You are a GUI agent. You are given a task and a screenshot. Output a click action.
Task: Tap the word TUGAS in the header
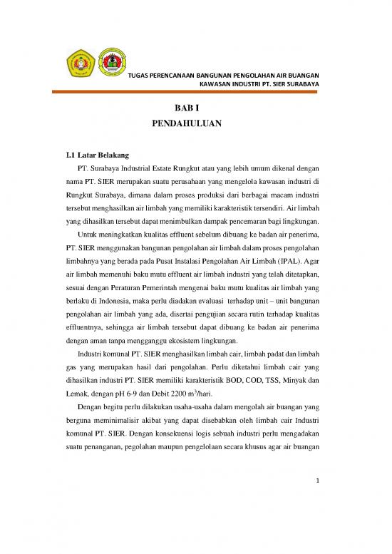[138, 75]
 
